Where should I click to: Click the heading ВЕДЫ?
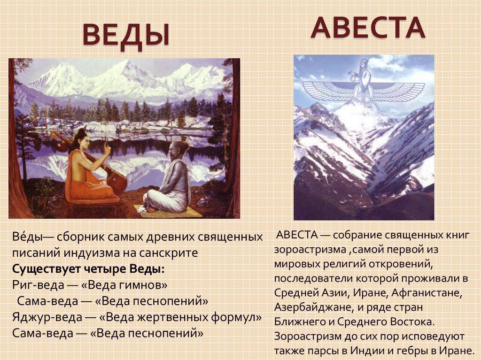tap(126, 36)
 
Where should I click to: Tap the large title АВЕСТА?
tap(368, 28)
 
